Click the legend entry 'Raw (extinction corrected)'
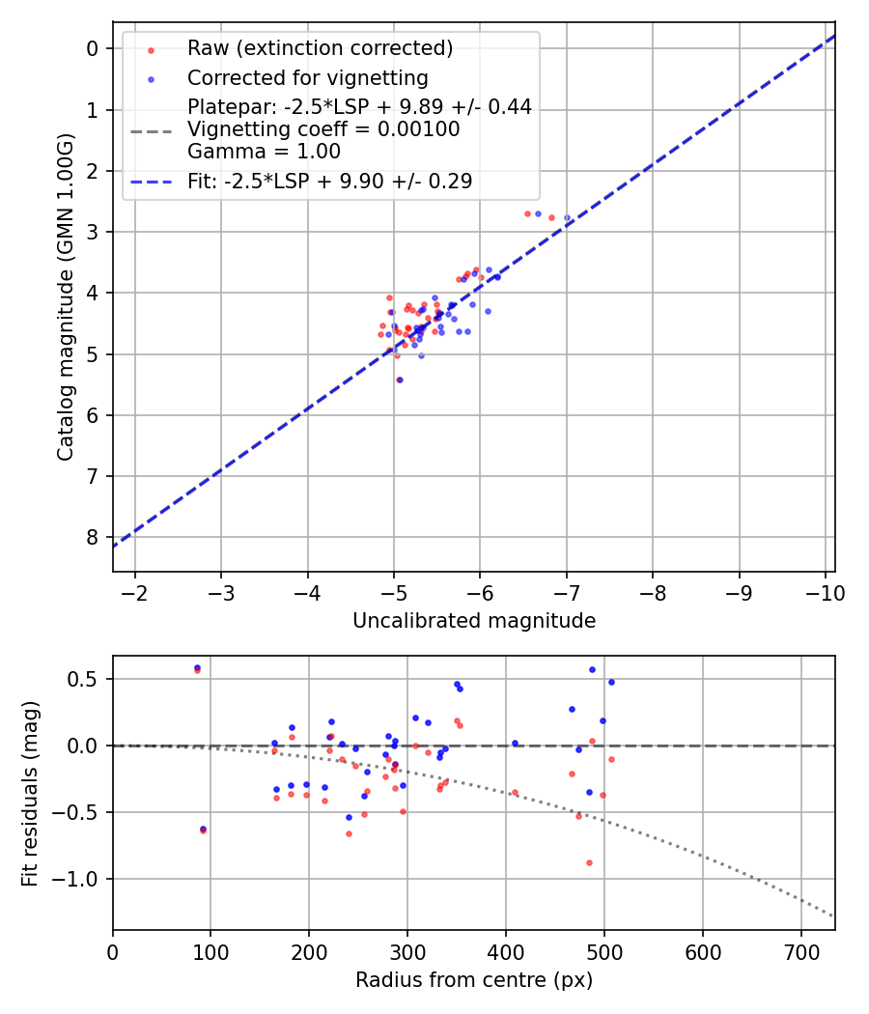click(x=320, y=48)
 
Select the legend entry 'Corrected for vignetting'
click(x=307, y=77)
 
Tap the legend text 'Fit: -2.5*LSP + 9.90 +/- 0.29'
click(x=329, y=181)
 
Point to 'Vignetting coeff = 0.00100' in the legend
click(x=323, y=129)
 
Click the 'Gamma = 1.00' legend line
click(x=264, y=151)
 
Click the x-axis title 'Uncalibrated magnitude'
click(x=473, y=621)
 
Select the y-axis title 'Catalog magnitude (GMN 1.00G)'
click(x=65, y=296)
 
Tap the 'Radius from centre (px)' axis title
click(x=473, y=980)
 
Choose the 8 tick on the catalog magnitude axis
click(x=93, y=537)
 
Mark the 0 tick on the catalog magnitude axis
click(x=93, y=48)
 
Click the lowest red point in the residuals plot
click(x=589, y=862)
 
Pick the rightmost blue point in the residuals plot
click(x=611, y=682)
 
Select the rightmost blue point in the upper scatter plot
click(x=567, y=218)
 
